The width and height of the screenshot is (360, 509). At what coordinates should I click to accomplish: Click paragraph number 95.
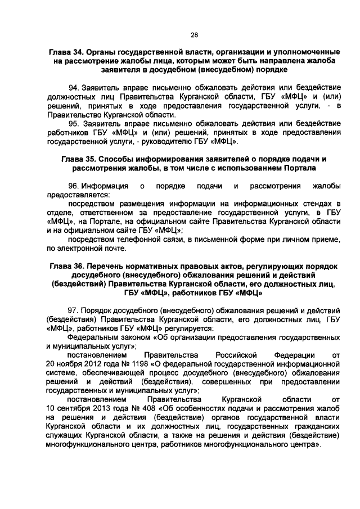point(74,124)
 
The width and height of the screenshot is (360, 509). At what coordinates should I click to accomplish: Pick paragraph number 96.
point(74,186)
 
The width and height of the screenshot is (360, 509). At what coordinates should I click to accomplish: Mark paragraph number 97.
point(74,310)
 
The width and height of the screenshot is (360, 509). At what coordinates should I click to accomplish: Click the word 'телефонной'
point(127,239)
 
